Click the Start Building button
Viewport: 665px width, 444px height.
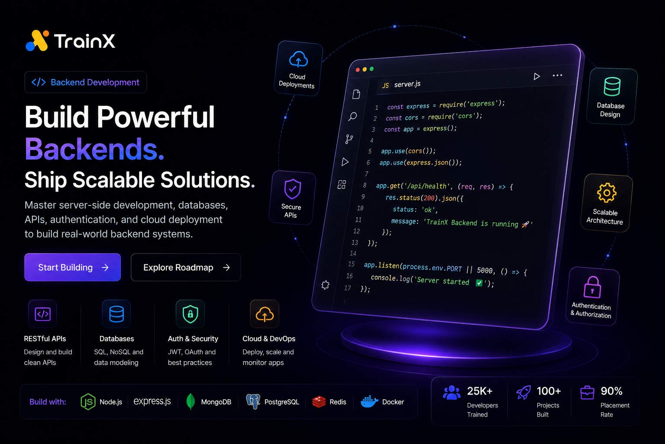point(72,267)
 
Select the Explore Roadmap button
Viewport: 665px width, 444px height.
point(186,267)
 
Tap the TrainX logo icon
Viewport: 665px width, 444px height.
point(37,41)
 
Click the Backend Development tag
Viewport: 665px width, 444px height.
point(85,82)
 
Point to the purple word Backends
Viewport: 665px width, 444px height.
point(94,149)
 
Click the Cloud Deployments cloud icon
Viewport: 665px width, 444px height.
point(298,59)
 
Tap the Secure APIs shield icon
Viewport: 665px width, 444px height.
point(292,189)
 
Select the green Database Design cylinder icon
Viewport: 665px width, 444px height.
point(612,87)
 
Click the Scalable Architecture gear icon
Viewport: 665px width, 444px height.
point(607,193)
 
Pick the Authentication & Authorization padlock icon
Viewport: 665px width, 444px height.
point(592,287)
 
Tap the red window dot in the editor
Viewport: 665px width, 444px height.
point(358,69)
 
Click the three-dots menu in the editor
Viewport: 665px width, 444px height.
point(557,75)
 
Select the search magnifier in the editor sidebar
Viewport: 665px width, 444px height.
point(352,116)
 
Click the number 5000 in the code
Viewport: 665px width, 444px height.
point(484,270)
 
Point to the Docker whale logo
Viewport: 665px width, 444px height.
point(369,402)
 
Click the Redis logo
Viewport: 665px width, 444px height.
point(319,402)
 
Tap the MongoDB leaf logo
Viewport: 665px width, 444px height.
point(190,402)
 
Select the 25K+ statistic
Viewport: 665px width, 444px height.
point(479,391)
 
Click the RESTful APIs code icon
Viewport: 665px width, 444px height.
point(42,314)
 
